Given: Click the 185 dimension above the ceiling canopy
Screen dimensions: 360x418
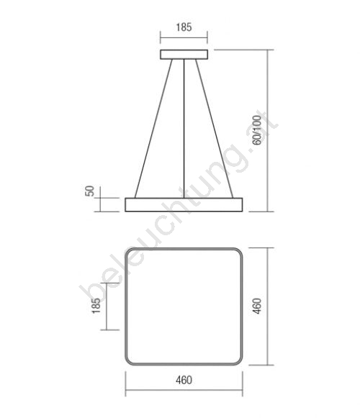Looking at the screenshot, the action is pos(184,27).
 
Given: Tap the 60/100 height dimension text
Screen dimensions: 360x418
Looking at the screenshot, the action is pos(257,130).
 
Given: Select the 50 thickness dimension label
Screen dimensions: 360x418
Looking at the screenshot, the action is pos(90,191).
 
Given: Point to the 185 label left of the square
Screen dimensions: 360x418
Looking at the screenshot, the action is pos(96,306).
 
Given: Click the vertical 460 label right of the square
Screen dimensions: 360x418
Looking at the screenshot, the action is pos(257,306).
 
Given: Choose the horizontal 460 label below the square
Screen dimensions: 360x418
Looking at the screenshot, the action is pos(184,380).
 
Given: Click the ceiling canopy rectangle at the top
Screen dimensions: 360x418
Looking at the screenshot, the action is pos(184,55).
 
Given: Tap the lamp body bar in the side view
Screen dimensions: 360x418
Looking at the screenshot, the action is pos(184,205).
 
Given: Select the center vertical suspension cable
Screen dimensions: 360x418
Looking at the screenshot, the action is pos(184,129).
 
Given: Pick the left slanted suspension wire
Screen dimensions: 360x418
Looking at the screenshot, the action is pos(153,129).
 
